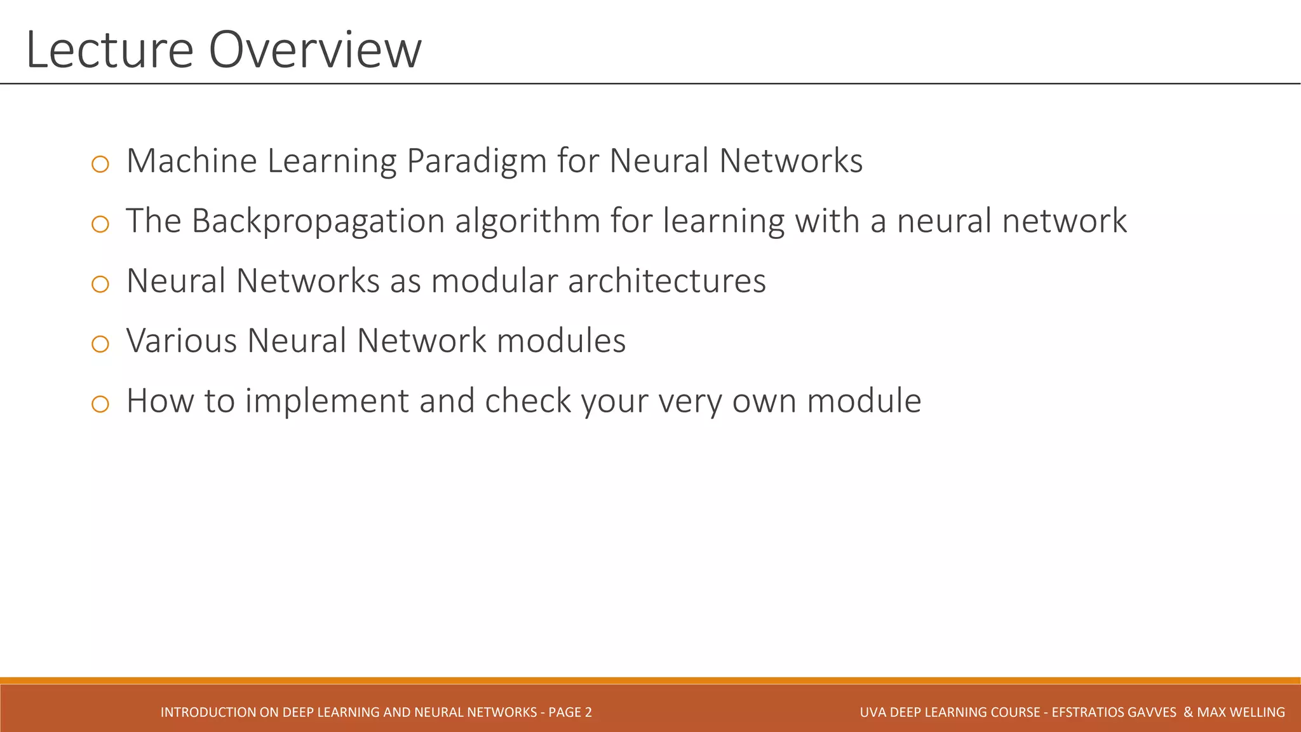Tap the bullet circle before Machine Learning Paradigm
pyautogui.click(x=100, y=165)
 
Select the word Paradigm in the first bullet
pyautogui.click(x=476, y=161)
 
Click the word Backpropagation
pyautogui.click(x=318, y=222)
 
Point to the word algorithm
pyautogui.click(x=527, y=222)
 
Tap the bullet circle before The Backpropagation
pyautogui.click(x=100, y=224)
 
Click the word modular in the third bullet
pyautogui.click(x=494, y=281)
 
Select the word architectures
pyautogui.click(x=667, y=281)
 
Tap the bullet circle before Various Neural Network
pyautogui.click(x=100, y=344)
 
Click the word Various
pyautogui.click(x=182, y=341)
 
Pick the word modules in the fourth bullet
pyautogui.click(x=561, y=341)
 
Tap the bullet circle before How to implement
pyautogui.click(x=100, y=404)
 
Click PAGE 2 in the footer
pyautogui.click(x=570, y=712)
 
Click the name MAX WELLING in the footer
pyautogui.click(x=1241, y=712)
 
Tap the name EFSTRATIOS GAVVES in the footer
pyautogui.click(x=1114, y=712)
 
